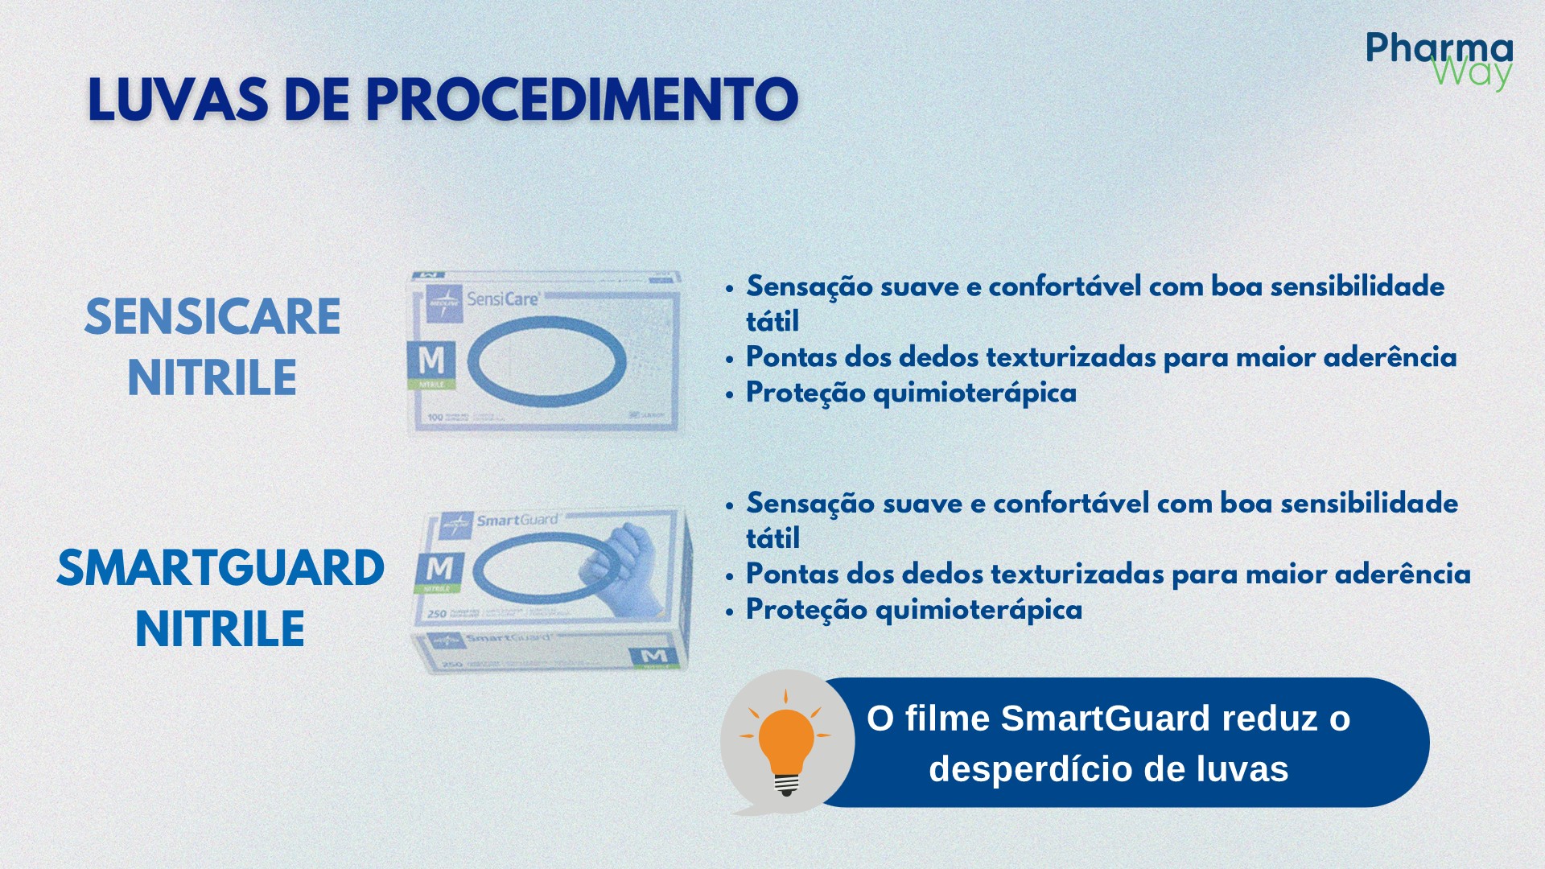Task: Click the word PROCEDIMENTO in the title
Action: click(582, 100)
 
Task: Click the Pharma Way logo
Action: click(1439, 60)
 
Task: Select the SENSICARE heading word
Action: click(212, 316)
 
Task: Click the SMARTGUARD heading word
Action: click(220, 568)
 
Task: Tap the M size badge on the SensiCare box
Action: click(431, 361)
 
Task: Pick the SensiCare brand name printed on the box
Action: click(502, 299)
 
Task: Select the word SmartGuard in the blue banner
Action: click(1106, 718)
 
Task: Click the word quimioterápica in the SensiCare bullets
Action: click(974, 393)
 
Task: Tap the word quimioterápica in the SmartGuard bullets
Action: click(978, 609)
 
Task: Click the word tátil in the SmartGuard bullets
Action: click(772, 538)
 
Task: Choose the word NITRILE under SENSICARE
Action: click(212, 377)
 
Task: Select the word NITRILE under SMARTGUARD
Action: click(220, 628)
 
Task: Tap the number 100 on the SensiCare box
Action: click(435, 417)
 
